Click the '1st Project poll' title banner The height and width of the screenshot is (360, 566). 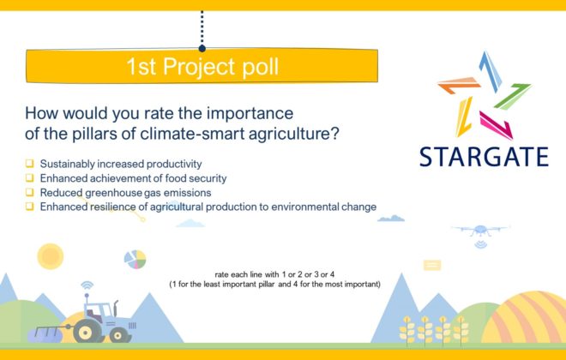click(202, 66)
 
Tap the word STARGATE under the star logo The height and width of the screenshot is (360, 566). click(484, 157)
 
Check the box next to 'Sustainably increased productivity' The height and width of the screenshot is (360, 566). click(30, 164)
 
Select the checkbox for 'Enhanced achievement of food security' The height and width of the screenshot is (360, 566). click(30, 178)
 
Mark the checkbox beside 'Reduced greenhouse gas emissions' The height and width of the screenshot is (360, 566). click(30, 192)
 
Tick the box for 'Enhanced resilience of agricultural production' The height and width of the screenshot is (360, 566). click(30, 207)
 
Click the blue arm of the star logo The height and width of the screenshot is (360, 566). click(491, 71)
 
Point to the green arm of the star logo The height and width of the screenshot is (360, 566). click(513, 96)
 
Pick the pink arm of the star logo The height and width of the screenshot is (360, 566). click(497, 125)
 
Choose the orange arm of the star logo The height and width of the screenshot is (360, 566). click(459, 85)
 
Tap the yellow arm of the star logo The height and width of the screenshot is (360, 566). click(464, 117)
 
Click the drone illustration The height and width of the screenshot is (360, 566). click(480, 231)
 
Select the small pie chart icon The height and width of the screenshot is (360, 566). click(135, 260)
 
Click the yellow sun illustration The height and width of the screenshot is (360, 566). click(51, 256)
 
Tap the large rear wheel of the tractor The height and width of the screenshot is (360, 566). click(87, 331)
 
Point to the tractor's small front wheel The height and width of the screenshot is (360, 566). click(119, 335)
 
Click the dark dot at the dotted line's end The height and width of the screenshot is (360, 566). click(202, 48)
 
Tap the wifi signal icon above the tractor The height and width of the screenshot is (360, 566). click(87, 285)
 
